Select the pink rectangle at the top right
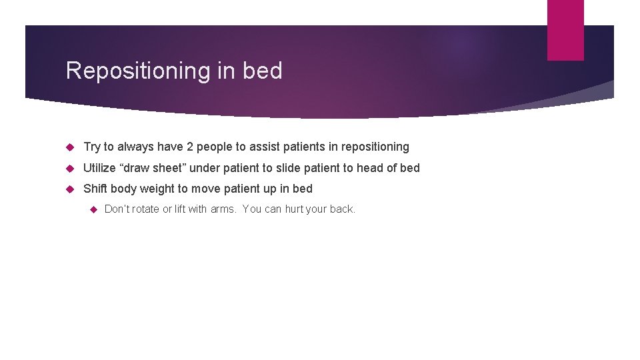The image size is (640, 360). click(565, 30)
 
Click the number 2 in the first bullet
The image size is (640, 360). click(189, 147)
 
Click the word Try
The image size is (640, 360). click(92, 147)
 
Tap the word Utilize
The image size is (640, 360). click(101, 168)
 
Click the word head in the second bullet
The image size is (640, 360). click(370, 168)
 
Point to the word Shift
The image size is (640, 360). click(96, 189)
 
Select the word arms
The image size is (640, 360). click(223, 209)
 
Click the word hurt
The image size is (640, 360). click(293, 209)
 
